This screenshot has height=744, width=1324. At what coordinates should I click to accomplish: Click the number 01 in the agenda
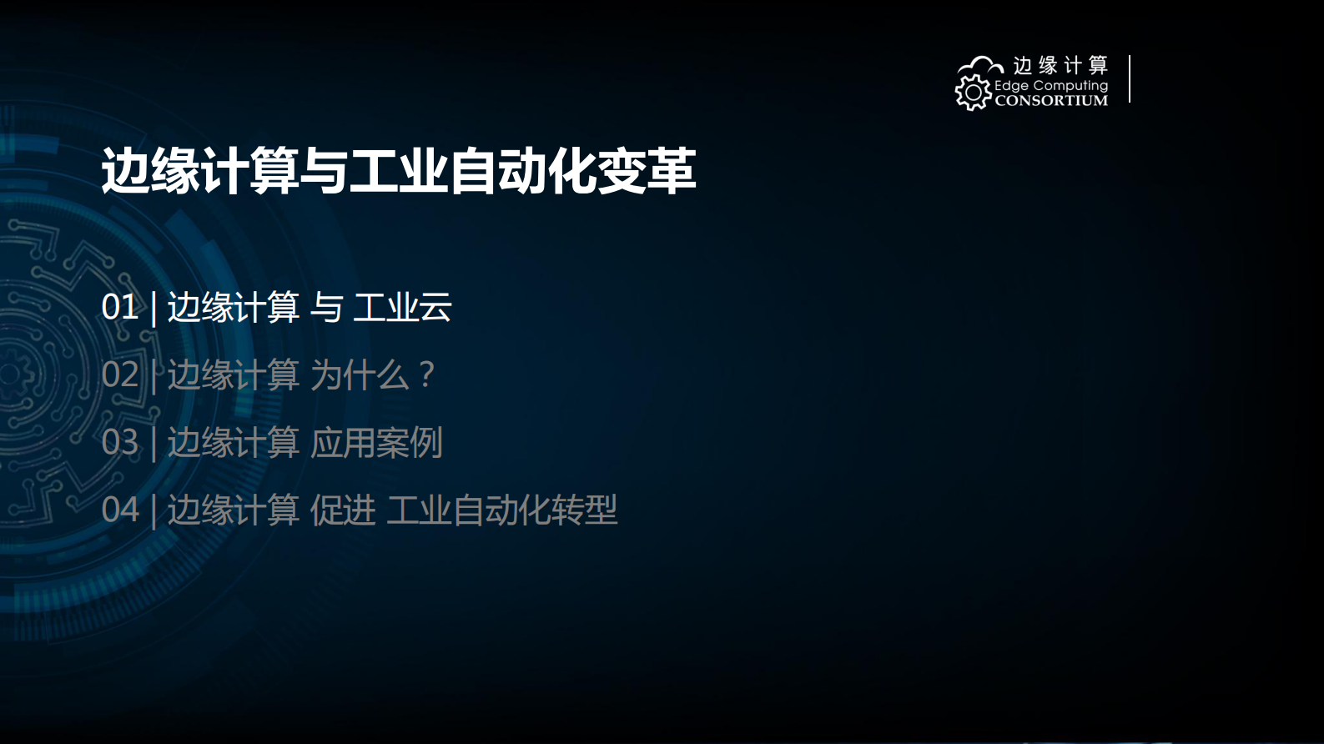(119, 307)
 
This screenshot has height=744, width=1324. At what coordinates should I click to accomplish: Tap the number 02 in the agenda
(119, 375)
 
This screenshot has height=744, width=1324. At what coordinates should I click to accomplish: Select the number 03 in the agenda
(119, 442)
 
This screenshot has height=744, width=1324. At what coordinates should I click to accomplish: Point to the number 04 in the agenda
(119, 510)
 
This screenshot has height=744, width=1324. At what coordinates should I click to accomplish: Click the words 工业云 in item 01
(402, 307)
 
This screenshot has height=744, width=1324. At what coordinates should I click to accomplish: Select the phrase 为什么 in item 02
(360, 375)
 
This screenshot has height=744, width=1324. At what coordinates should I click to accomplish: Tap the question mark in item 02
(426, 375)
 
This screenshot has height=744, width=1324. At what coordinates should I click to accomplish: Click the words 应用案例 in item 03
(376, 442)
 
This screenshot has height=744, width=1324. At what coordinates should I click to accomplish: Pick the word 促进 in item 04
(343, 510)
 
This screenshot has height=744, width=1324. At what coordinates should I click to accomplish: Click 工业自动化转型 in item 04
(501, 510)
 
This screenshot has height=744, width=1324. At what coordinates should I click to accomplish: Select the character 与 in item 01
(326, 307)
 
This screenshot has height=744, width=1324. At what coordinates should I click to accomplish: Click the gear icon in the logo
(973, 93)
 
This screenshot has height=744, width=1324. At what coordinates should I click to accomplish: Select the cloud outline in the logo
(981, 65)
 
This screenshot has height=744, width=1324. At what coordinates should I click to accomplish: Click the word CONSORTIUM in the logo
(1051, 101)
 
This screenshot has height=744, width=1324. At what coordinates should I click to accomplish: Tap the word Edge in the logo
(1011, 86)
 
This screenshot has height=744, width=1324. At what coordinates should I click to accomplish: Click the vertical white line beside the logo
(1130, 79)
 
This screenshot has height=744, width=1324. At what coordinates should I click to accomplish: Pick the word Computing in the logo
(1070, 86)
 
